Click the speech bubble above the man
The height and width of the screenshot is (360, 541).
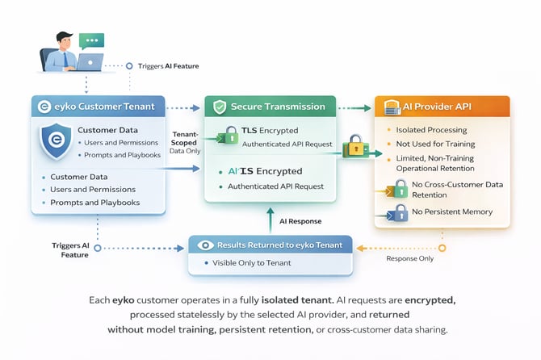coord(92,40)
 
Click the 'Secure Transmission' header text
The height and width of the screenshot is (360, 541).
coord(279,106)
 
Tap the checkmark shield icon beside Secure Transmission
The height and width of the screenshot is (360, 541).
coord(219,107)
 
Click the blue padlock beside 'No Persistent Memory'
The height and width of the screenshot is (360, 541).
coord(397,212)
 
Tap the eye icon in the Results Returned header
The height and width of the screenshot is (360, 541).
coord(207,245)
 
